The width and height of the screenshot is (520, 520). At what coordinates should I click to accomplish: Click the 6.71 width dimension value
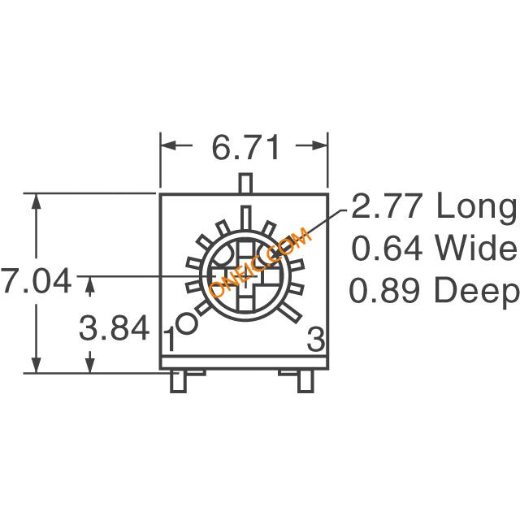pyautogui.click(x=245, y=148)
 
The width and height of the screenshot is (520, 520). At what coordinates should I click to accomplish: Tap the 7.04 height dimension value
pyautogui.click(x=36, y=280)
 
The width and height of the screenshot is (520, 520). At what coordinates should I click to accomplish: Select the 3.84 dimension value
pyautogui.click(x=114, y=328)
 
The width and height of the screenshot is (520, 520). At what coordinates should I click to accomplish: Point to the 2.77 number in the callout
pyautogui.click(x=387, y=206)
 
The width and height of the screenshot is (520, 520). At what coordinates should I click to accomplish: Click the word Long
pyautogui.click(x=477, y=209)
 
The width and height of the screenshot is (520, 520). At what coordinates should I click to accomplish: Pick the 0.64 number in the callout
pyautogui.click(x=387, y=248)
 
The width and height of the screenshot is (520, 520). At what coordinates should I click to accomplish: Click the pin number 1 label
pyautogui.click(x=170, y=339)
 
